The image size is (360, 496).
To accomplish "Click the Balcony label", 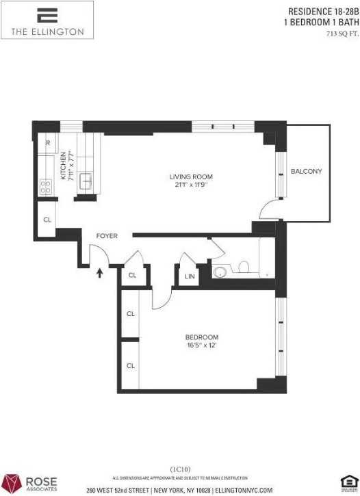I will click(305, 171).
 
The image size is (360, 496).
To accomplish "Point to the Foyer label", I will click(106, 236).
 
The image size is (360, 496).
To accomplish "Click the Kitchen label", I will click(64, 166).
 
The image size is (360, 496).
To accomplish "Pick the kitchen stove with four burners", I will click(47, 185).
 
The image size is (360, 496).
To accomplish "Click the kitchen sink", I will click(88, 181).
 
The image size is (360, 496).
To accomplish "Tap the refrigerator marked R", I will click(47, 143).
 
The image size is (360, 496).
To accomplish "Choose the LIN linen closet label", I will click(189, 276).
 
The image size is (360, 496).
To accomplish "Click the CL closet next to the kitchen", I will click(47, 220).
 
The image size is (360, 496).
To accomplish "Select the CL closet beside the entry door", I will click(133, 276).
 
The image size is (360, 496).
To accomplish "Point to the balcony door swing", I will click(272, 209).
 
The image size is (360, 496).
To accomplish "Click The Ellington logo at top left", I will click(47, 20).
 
